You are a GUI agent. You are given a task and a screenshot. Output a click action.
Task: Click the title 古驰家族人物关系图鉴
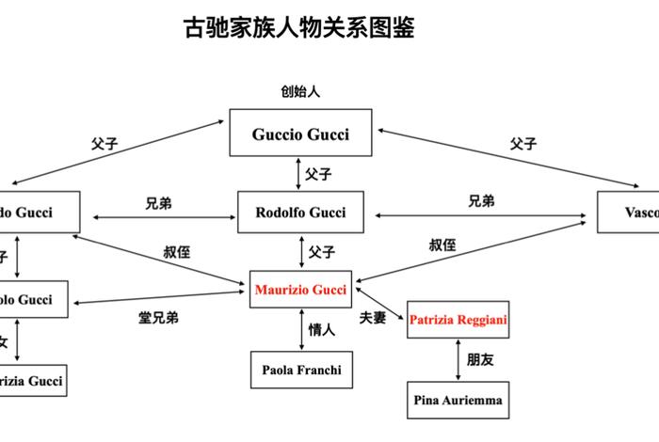click(298, 28)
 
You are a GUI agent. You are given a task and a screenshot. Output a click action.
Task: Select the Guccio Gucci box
click(300, 134)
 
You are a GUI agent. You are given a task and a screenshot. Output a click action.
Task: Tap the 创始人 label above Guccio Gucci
click(300, 91)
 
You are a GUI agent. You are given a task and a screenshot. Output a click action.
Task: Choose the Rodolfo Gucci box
click(300, 213)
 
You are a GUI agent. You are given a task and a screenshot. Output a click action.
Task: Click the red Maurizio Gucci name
click(300, 290)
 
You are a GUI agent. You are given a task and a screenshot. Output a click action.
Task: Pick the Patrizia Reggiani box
click(458, 320)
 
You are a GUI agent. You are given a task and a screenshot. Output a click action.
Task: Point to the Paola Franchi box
click(300, 370)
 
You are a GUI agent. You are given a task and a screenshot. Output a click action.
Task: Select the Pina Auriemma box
click(458, 401)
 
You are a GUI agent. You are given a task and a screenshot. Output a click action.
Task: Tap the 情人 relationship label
click(322, 330)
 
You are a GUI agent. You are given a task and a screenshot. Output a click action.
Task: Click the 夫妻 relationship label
click(373, 318)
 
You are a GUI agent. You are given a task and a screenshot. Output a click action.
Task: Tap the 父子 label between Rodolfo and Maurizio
click(322, 252)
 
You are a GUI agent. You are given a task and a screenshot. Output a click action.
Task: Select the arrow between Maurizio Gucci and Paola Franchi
click(300, 330)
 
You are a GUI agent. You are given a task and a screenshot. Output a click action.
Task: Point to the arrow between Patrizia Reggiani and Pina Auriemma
click(458, 360)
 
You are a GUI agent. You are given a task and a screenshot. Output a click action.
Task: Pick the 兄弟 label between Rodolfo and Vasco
click(482, 201)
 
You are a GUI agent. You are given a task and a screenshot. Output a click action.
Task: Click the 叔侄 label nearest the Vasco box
click(442, 245)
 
